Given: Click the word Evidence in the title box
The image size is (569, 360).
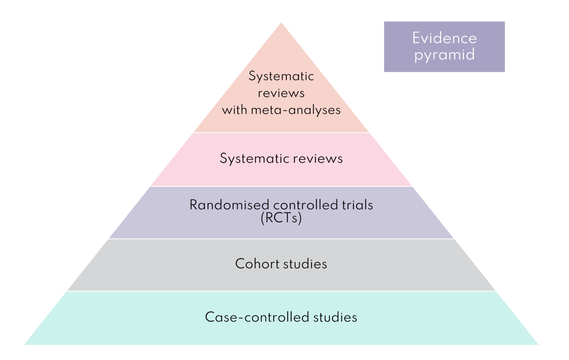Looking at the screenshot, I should pyautogui.click(x=444, y=38).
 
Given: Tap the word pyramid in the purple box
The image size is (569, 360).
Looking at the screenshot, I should pyautogui.click(x=444, y=55).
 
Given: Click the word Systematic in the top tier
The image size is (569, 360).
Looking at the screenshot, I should pyautogui.click(x=281, y=76).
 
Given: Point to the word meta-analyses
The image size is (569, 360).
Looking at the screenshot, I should pyautogui.click(x=296, y=110).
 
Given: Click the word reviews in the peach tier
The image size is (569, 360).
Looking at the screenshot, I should pyautogui.click(x=281, y=93).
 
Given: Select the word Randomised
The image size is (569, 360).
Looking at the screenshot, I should pyautogui.click(x=229, y=205).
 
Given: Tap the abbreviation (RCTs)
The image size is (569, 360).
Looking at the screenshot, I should pyautogui.click(x=281, y=218).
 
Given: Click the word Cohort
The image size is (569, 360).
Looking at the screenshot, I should pyautogui.click(x=257, y=264).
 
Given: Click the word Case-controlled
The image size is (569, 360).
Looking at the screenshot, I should pyautogui.click(x=257, y=317).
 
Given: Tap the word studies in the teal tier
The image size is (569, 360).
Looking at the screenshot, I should pyautogui.click(x=335, y=317).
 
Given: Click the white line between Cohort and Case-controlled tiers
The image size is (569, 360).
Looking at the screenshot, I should pyautogui.click(x=281, y=291).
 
